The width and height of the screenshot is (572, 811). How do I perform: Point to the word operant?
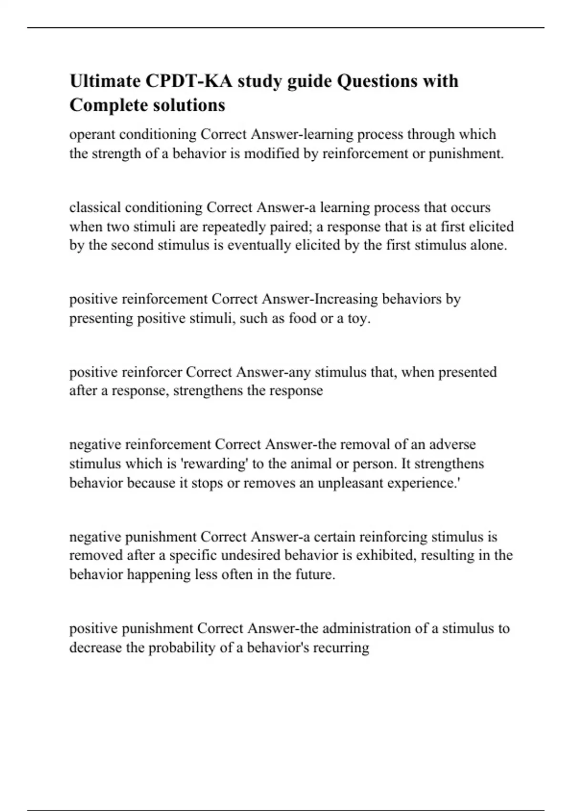(92, 135)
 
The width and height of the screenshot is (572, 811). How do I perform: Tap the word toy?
(358, 318)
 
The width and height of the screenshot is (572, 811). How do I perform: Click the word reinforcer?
(152, 372)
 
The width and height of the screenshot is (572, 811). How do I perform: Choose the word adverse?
(452, 445)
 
